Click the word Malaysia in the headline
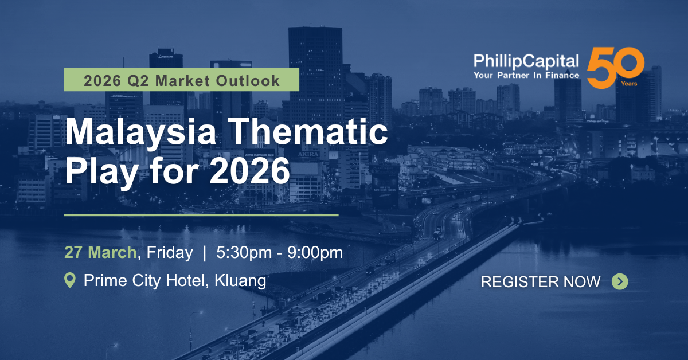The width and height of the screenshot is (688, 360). [141, 131]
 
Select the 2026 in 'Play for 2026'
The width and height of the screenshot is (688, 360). [249, 170]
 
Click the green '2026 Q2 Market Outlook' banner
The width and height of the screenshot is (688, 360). [182, 80]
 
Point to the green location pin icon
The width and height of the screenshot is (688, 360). [70, 280]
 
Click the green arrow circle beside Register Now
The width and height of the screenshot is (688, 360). [620, 281]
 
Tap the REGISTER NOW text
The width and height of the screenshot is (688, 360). [541, 282]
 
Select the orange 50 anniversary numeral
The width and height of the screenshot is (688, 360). [615, 68]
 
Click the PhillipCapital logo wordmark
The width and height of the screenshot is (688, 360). [526, 61]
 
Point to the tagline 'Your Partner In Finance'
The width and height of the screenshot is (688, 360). [526, 75]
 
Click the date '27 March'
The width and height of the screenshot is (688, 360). [100, 252]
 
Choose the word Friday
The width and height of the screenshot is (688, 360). [170, 252]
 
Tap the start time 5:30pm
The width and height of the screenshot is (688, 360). [244, 252]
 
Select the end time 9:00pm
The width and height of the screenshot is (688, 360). [315, 252]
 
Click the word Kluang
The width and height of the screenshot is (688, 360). [240, 281]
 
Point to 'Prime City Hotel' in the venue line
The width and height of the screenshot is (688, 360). [144, 281]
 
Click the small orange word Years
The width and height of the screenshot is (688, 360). [629, 84]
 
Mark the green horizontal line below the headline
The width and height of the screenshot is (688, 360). [201, 215]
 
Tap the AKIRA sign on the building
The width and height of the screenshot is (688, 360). [308, 154]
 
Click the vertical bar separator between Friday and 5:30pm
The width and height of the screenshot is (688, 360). [205, 252]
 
